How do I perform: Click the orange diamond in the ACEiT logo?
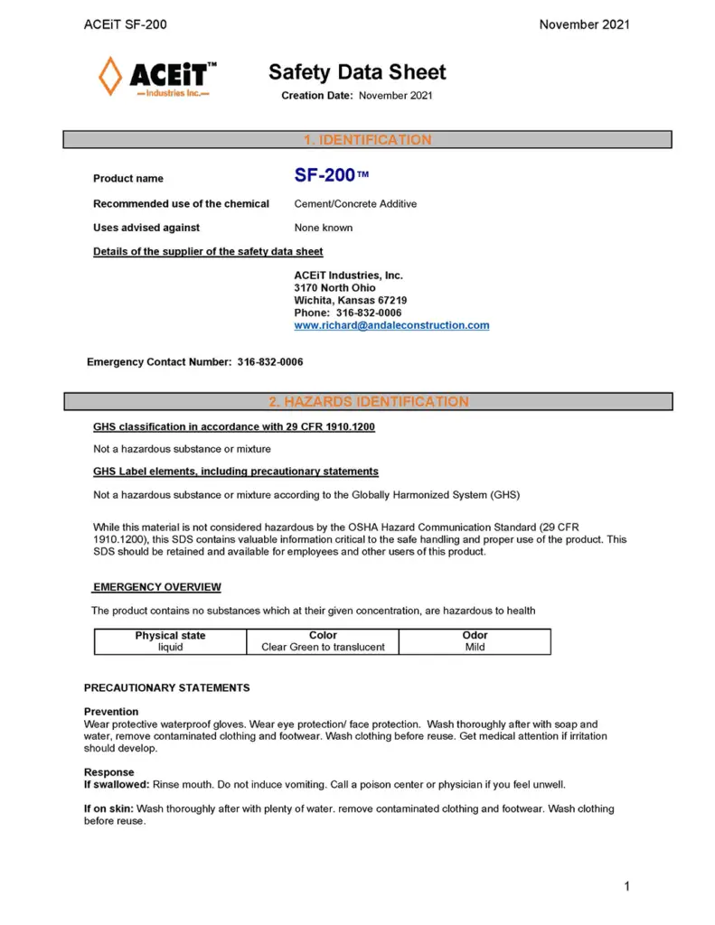(x=110, y=76)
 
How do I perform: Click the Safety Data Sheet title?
(x=357, y=72)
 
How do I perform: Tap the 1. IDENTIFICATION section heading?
(x=367, y=140)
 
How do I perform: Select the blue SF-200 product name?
(x=325, y=176)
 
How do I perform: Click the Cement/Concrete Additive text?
(x=355, y=204)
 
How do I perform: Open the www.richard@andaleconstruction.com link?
(x=391, y=325)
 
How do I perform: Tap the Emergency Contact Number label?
(x=161, y=362)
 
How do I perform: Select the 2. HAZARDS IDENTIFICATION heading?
(x=367, y=401)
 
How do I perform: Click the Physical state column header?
(x=170, y=636)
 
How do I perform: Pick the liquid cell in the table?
(x=170, y=647)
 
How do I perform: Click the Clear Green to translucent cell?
(x=323, y=647)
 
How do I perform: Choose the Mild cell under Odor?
(x=475, y=647)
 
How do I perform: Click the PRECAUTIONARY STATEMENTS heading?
(x=166, y=688)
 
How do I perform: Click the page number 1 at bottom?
(x=626, y=886)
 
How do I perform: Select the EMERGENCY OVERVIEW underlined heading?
(x=157, y=587)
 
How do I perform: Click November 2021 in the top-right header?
(x=584, y=24)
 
